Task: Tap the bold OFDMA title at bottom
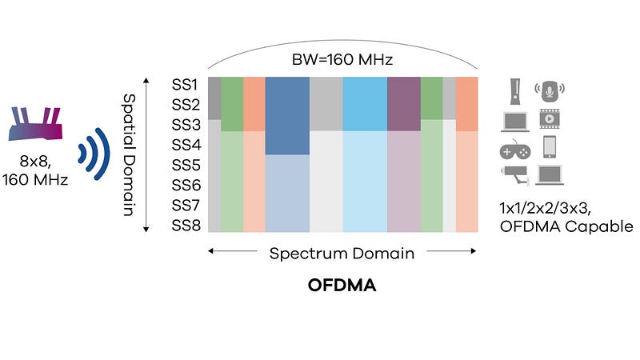342,284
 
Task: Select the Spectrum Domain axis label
342,254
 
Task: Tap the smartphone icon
550,146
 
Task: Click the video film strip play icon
550,118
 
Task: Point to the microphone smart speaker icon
550,90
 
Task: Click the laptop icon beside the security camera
550,174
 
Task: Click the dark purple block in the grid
403,104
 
